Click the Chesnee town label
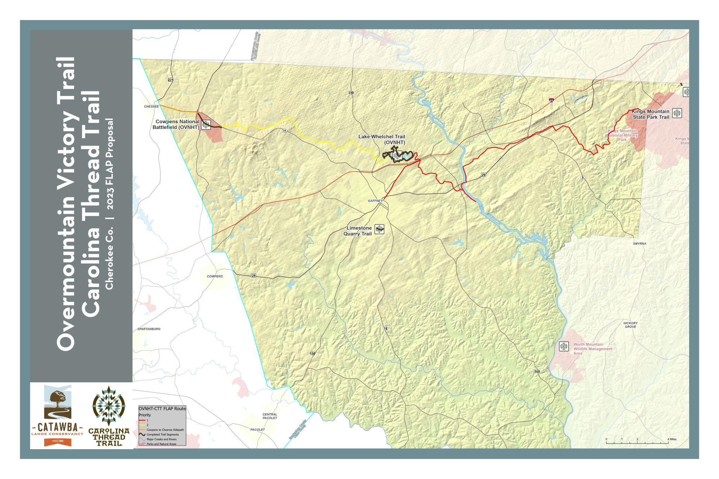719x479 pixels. point(151,107)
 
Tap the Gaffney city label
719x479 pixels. point(375,201)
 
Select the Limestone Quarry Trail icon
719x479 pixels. point(379,229)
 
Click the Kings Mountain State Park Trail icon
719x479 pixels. point(677,113)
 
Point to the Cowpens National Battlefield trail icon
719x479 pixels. point(206,124)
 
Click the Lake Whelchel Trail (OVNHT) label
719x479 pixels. point(382,139)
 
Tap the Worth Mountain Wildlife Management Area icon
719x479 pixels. point(564,346)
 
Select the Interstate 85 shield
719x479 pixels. point(551,100)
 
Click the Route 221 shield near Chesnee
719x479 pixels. point(170,80)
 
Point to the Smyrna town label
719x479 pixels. point(640,244)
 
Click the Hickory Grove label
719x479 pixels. point(631,325)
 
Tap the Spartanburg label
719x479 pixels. point(149,329)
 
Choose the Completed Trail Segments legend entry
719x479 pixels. point(162,434)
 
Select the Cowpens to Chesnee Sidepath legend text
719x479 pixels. point(165,430)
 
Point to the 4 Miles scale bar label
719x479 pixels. point(672,439)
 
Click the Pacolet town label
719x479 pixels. point(257,430)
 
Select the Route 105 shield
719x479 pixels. point(537,372)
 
